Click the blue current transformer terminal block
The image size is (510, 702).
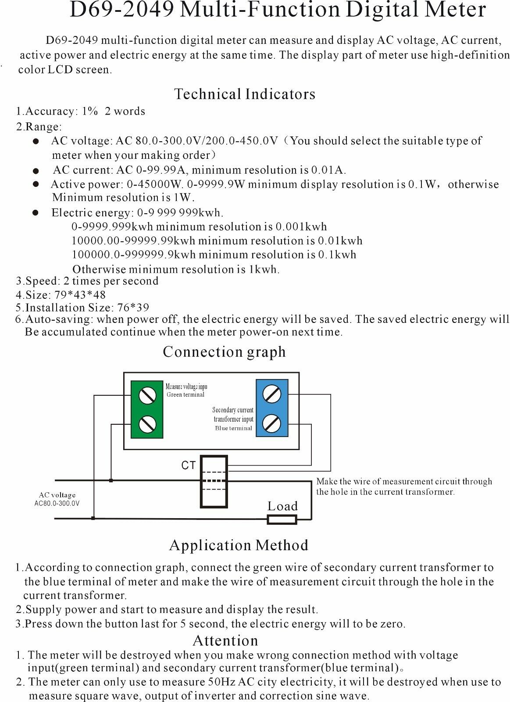coord(272,408)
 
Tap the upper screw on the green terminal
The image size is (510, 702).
coord(147,395)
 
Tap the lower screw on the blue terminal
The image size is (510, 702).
coord(272,423)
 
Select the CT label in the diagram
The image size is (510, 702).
coord(189,466)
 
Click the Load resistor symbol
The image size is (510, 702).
coord(282,519)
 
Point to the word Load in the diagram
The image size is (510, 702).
coord(282,506)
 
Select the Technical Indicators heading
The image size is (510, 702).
coord(245,94)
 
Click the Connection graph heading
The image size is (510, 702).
coord(224,352)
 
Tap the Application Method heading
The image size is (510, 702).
coord(239,545)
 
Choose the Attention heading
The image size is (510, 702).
coord(225,641)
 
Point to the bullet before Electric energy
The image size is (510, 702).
coord(36,213)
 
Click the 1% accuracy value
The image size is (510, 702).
coord(89,111)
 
